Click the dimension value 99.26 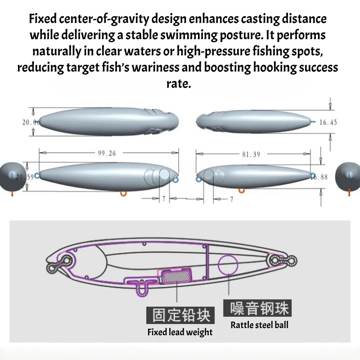coord(107,153)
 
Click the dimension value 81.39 coord(251,154)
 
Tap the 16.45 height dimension coord(328,122)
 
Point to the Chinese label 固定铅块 coord(180,315)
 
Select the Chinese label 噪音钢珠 coord(257,308)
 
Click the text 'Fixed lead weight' coord(180,332)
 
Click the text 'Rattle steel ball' coord(260,325)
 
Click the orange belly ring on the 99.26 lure coord(123,194)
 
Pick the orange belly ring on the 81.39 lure coord(242,190)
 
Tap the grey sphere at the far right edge coord(347,176)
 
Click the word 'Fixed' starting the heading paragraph coord(43,18)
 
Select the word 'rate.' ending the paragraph coord(179,84)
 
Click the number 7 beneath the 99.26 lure coord(164,199)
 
